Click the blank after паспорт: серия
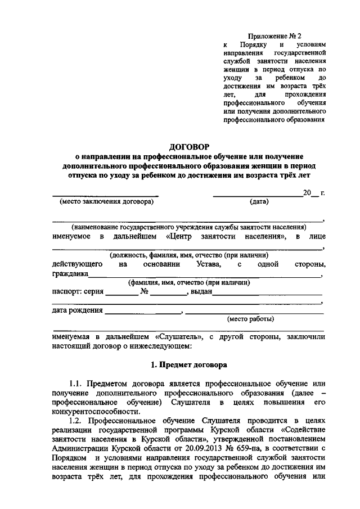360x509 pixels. [x=121, y=293]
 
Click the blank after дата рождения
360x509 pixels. [x=143, y=310]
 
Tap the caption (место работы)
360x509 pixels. [x=250, y=319]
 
